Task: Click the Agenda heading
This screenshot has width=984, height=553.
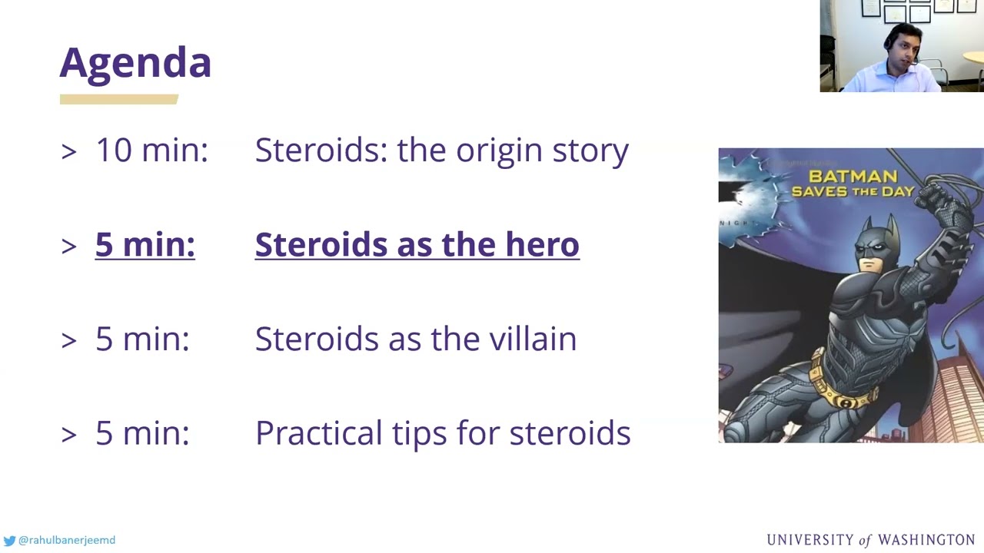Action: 135,64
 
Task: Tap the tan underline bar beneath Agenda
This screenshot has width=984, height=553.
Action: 119,99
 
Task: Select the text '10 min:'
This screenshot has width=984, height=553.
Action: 152,150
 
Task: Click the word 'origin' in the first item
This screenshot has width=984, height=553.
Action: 499,152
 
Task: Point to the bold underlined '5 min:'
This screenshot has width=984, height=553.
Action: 145,244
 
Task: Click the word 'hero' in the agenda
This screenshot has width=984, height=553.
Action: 542,244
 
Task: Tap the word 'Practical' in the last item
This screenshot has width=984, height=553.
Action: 319,433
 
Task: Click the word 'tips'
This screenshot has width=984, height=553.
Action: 419,435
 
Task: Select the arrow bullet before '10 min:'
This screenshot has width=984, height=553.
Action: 69,152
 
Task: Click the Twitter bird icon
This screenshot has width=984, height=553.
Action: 9,540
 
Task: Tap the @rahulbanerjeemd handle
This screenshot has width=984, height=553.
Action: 67,540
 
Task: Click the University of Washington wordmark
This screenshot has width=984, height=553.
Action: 871,540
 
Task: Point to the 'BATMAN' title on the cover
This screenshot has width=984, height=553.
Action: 853,177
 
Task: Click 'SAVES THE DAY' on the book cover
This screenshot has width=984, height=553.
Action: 853,191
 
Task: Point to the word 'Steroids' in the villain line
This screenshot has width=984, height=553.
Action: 317,339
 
